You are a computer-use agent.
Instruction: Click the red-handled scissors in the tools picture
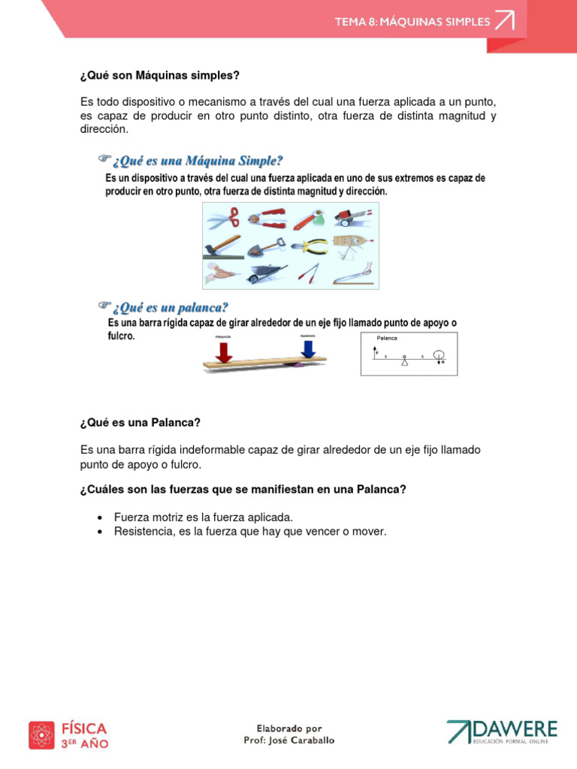click(x=223, y=219)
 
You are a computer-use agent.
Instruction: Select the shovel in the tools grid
click(x=267, y=246)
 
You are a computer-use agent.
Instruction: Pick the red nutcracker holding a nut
click(x=267, y=219)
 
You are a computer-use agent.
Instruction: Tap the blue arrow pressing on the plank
click(x=307, y=348)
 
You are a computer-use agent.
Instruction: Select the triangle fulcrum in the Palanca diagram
click(x=404, y=361)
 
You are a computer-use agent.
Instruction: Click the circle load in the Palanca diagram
click(x=440, y=354)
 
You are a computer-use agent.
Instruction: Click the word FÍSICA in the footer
click(x=83, y=728)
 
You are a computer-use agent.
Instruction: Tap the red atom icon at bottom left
click(x=41, y=734)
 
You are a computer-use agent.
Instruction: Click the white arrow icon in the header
click(x=504, y=21)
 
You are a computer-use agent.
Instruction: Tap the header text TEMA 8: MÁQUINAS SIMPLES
click(x=412, y=22)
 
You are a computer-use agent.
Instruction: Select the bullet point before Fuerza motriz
click(x=99, y=517)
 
